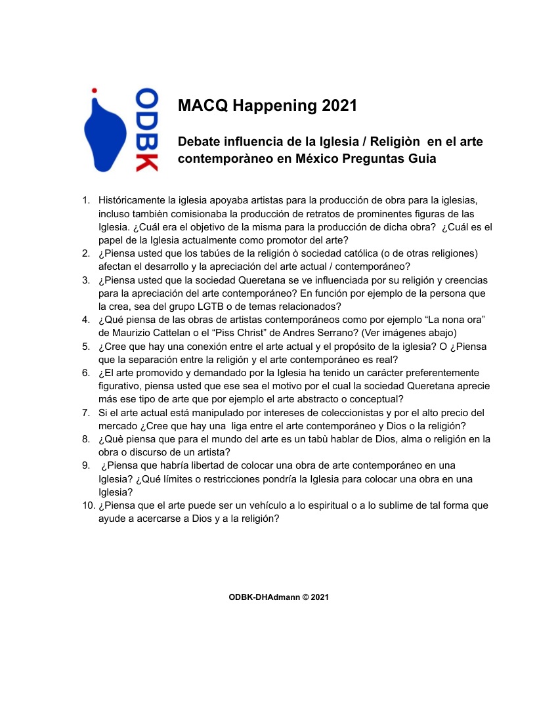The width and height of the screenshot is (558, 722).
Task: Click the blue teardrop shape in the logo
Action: point(104,135)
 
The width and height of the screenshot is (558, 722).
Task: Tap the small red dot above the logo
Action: point(95,90)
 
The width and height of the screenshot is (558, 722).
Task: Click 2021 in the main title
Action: point(339,106)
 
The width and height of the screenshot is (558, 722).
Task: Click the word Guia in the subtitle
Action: point(421,159)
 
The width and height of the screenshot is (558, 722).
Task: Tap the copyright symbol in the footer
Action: point(305,597)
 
